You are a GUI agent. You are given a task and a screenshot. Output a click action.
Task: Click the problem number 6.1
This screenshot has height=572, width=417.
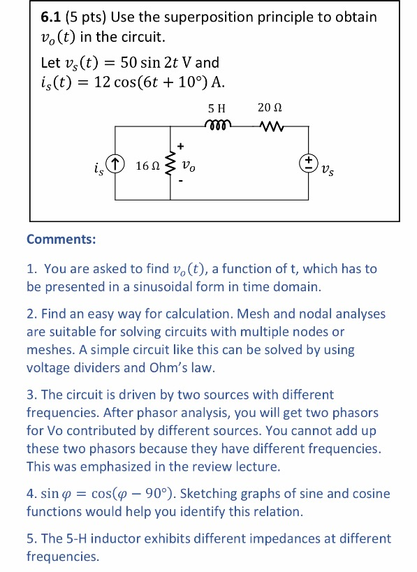pos(50,17)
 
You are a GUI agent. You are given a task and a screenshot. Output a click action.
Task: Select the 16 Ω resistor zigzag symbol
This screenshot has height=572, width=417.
pos(169,166)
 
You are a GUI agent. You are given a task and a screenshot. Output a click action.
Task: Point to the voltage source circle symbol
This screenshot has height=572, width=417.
pos(308,164)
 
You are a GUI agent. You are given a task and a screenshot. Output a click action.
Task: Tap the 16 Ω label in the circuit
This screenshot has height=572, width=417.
pos(146,166)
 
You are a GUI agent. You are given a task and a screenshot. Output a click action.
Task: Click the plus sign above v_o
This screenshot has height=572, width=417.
pos(181,147)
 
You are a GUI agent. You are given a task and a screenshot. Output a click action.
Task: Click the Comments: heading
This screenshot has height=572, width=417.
pos(61,240)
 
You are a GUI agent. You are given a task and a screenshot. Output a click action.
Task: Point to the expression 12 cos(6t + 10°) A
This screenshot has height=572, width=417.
pos(150,82)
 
